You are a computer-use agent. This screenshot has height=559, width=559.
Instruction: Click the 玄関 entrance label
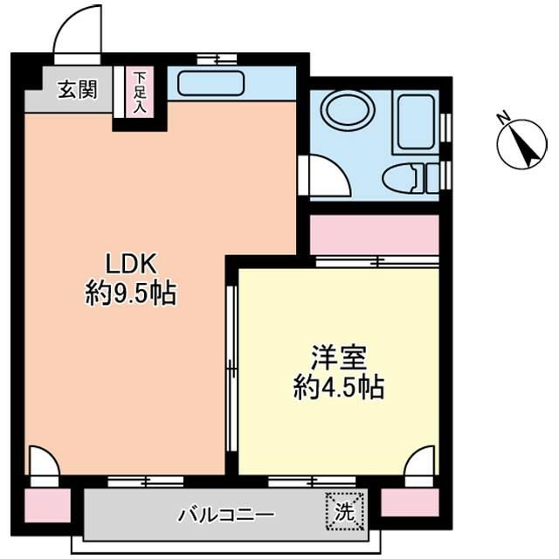(x=77, y=90)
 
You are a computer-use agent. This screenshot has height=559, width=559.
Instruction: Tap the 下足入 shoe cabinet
(x=140, y=93)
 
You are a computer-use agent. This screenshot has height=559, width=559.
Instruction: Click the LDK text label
(x=130, y=263)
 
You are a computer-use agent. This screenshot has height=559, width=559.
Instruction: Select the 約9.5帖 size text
(x=130, y=293)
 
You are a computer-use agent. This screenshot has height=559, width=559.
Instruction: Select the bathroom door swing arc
(x=325, y=175)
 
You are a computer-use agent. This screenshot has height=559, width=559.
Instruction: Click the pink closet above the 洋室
(x=374, y=234)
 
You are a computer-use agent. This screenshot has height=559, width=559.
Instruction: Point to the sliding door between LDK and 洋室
(x=231, y=367)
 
